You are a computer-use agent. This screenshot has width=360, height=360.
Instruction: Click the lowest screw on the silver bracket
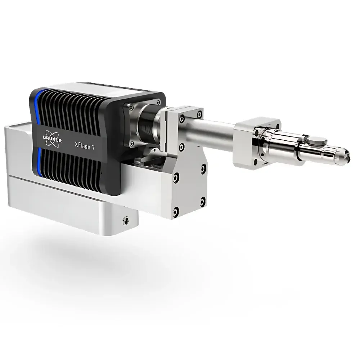click(x=176, y=210)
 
